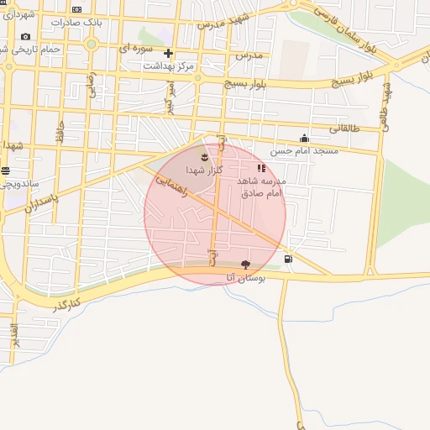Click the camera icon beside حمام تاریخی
(25, 36)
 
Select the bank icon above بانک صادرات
(76, 10)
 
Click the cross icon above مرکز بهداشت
(168, 53)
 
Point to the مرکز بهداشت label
(168, 66)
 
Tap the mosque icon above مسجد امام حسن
(304, 139)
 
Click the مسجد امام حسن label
(304, 151)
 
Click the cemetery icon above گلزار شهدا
(204, 156)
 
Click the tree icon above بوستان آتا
(245, 264)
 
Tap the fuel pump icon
(289, 259)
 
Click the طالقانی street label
(343, 128)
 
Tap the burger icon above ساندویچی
(6, 170)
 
